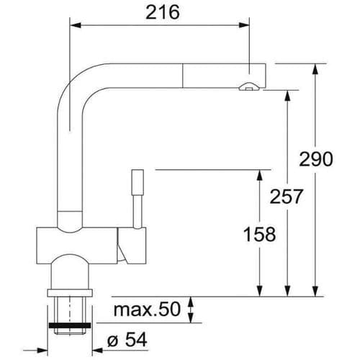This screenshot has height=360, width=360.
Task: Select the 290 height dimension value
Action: [317, 158]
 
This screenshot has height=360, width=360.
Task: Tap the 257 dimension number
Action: [286, 196]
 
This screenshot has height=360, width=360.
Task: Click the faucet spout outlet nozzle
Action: [248, 87]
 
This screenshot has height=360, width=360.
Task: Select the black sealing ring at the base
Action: [71, 325]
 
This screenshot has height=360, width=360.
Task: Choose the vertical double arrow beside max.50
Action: [190, 310]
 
